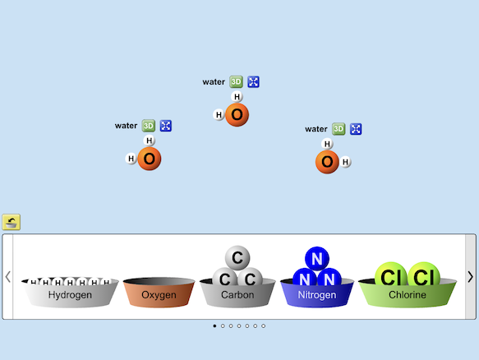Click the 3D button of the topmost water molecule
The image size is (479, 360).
(x=236, y=82)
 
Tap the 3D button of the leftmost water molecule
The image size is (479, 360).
(x=149, y=126)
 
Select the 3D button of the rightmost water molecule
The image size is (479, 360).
(x=339, y=129)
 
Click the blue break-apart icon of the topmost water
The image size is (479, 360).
(x=253, y=82)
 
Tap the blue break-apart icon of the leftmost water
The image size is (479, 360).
(x=166, y=126)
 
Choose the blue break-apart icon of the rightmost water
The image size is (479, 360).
(x=356, y=129)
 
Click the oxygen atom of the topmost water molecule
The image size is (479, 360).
(x=237, y=115)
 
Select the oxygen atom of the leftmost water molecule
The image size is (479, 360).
(x=150, y=159)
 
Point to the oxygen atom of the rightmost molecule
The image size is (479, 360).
(x=327, y=162)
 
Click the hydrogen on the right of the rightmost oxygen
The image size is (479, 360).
(x=345, y=162)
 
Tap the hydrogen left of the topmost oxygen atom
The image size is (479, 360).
(x=219, y=115)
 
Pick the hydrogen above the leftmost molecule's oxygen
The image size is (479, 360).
(x=149, y=141)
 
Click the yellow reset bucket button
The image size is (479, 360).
(x=12, y=222)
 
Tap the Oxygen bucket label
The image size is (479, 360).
(x=159, y=295)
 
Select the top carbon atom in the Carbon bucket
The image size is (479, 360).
(x=237, y=258)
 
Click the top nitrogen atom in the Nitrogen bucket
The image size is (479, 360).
(x=317, y=259)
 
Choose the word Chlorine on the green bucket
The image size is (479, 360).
(x=408, y=294)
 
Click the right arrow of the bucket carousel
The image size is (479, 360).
(x=471, y=277)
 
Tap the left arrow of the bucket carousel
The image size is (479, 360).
(x=8, y=277)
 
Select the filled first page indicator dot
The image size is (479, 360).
(x=214, y=326)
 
